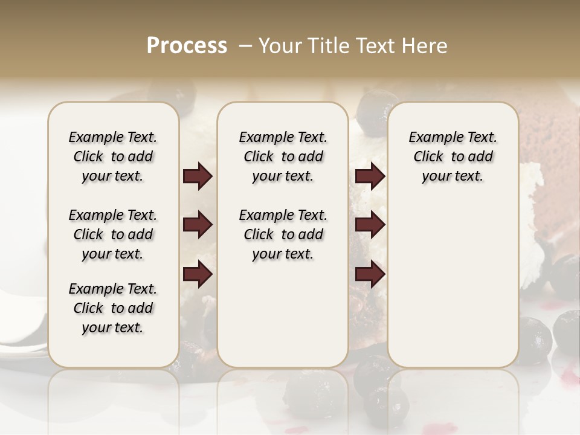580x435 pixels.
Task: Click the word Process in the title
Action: (x=187, y=45)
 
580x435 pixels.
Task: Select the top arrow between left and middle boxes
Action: (x=198, y=176)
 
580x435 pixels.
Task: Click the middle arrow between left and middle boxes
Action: (x=198, y=225)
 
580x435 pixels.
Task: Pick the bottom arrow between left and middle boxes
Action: (x=198, y=275)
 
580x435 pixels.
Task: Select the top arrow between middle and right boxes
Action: (x=370, y=176)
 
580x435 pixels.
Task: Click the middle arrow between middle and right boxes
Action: (x=370, y=225)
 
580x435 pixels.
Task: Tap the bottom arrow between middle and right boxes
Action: (x=370, y=275)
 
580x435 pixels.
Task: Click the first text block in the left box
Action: (x=112, y=156)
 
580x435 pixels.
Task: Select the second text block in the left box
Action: (x=112, y=234)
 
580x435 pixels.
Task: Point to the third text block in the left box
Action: (x=112, y=308)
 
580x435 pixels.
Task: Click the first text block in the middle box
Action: (x=283, y=156)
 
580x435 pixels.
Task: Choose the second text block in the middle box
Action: (x=283, y=234)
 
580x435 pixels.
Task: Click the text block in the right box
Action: (x=453, y=156)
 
